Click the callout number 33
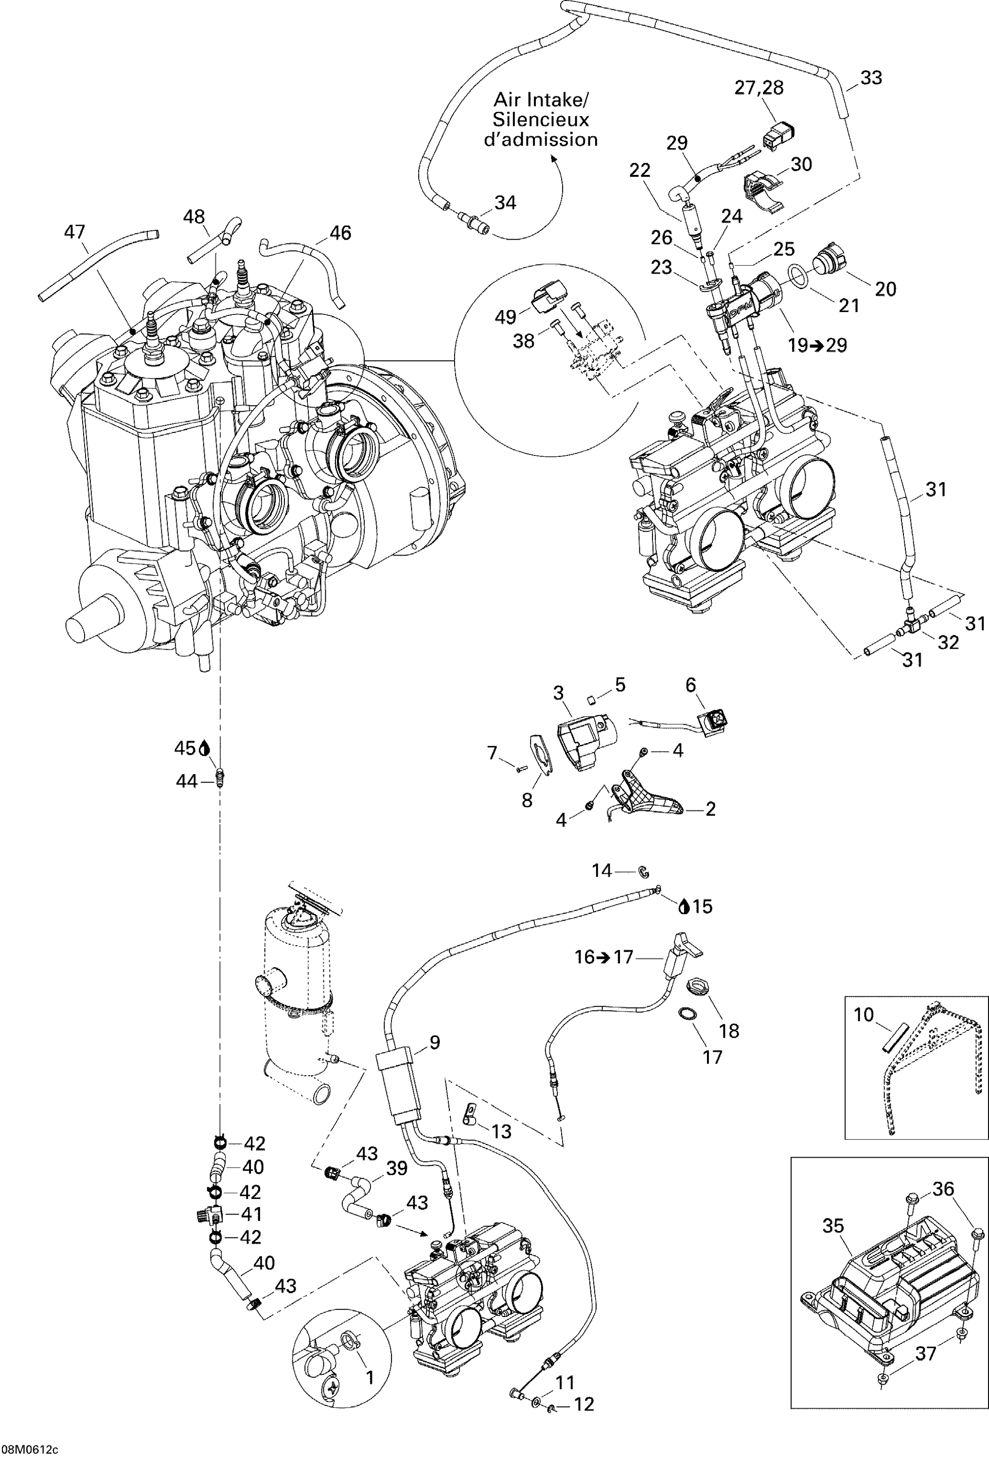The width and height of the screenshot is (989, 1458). tap(871, 78)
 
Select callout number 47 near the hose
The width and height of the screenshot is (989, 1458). tap(75, 232)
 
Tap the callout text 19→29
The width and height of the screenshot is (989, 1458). tap(818, 345)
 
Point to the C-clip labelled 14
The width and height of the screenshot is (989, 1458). tap(643, 871)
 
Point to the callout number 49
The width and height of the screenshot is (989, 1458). tap(506, 317)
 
